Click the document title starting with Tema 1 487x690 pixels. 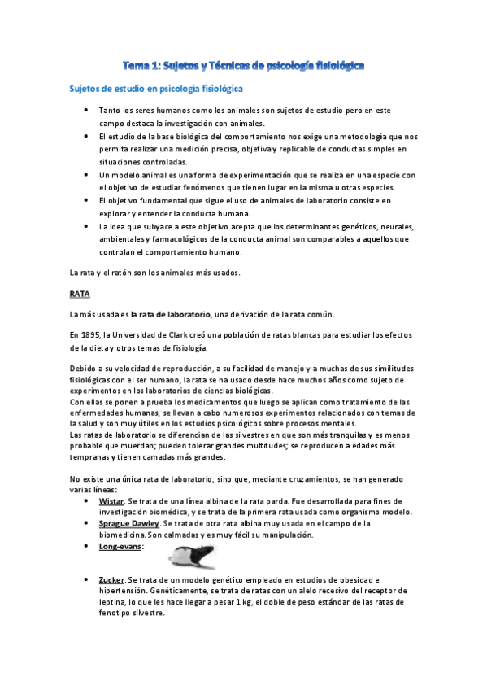tap(243, 63)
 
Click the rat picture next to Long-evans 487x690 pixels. tap(195, 557)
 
